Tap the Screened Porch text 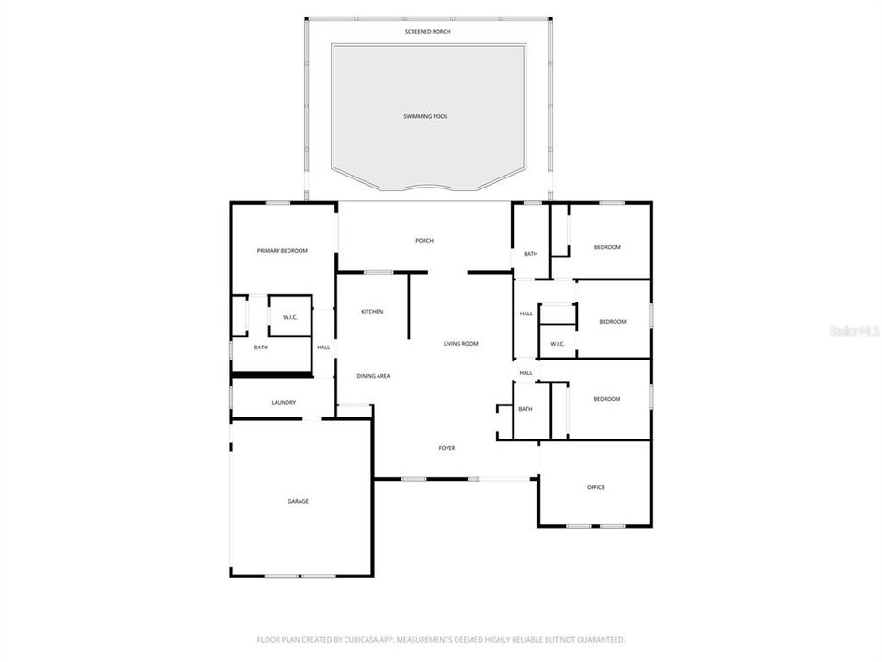[x=427, y=32]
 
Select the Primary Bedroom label [x=282, y=251]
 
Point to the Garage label [x=298, y=501]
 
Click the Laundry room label [x=283, y=403]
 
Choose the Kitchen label [x=372, y=312]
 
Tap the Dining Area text [x=374, y=376]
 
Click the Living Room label [x=461, y=344]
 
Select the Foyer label [x=447, y=448]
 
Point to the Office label [x=595, y=487]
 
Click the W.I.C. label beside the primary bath [x=289, y=318]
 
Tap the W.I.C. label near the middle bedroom [x=558, y=344]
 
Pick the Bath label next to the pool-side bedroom [x=531, y=254]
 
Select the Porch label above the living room [x=424, y=241]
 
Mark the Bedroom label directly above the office [x=606, y=399]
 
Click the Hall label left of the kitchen [x=323, y=348]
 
